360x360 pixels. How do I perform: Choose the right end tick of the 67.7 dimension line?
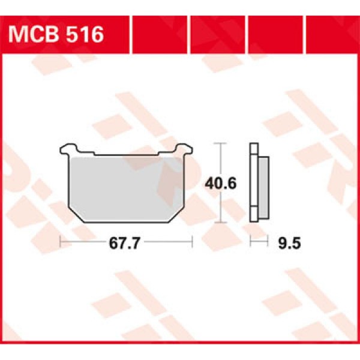191,242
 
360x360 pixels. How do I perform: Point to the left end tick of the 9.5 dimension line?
251,242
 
